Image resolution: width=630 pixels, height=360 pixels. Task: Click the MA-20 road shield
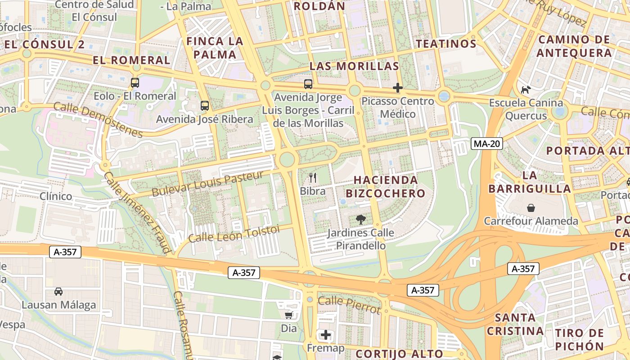(x=487, y=144)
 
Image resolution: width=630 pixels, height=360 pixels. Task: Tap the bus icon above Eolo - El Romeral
(x=135, y=83)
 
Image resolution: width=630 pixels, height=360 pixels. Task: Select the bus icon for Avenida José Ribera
(x=205, y=106)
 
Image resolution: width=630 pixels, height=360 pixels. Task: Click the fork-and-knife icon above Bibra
(x=313, y=178)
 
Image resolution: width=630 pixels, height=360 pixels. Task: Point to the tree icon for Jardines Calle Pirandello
(x=360, y=220)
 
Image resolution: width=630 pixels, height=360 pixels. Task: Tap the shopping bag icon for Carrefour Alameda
(x=531, y=208)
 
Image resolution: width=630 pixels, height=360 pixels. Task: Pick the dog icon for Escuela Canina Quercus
(x=526, y=90)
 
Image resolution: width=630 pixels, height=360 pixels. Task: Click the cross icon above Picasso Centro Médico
(x=398, y=88)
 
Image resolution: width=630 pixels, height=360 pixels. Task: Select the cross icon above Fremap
(x=326, y=335)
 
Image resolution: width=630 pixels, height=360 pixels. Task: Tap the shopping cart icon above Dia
(x=289, y=315)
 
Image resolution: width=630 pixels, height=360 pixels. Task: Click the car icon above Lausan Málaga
(x=58, y=292)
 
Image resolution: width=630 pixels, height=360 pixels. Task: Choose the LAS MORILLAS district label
(x=354, y=66)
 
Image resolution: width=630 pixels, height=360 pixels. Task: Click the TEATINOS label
(x=446, y=44)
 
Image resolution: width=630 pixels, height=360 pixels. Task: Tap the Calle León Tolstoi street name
(x=234, y=234)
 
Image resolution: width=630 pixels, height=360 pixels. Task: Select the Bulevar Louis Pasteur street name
(x=207, y=184)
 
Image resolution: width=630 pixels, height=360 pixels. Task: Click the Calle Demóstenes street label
(x=98, y=120)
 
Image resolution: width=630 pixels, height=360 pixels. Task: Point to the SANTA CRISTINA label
(x=519, y=324)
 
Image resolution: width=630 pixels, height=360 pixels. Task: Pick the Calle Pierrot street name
(x=349, y=305)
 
